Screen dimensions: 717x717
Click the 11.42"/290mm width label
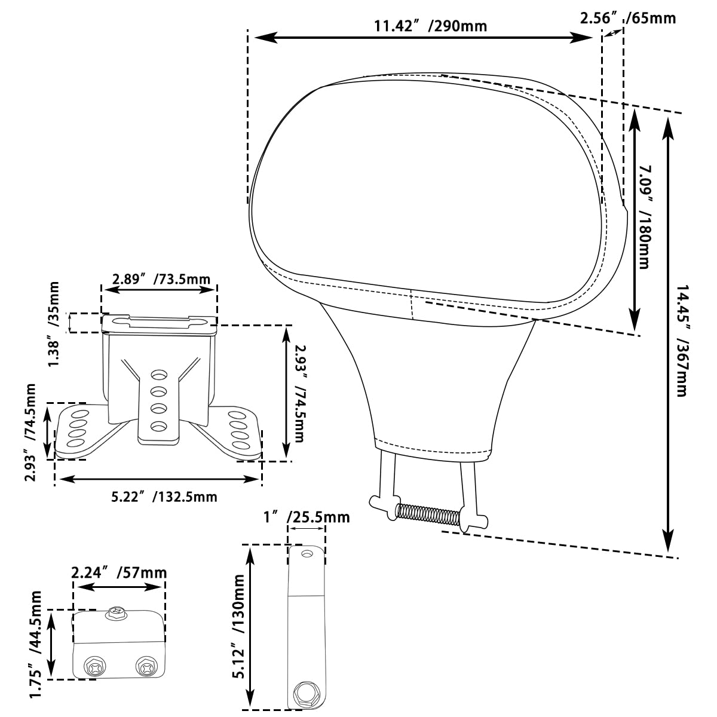pyautogui.click(x=430, y=26)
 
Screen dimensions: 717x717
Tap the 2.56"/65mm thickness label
pyautogui.click(x=627, y=18)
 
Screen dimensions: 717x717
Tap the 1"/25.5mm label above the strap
pyautogui.click(x=307, y=517)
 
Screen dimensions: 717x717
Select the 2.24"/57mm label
pyautogui.click(x=119, y=572)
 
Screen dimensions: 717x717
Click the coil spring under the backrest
pyautogui.click(x=428, y=514)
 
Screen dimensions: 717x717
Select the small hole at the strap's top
pyautogui.click(x=307, y=554)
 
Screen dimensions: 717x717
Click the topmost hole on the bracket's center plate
pyautogui.click(x=159, y=375)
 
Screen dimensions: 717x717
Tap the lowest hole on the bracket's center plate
pyautogui.click(x=159, y=426)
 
